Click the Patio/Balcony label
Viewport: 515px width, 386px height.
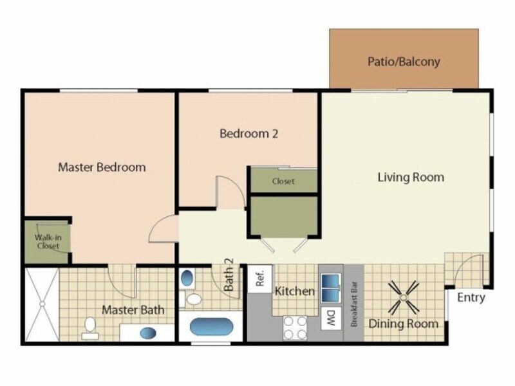coord(404,62)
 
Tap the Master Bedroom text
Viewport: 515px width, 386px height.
coord(102,167)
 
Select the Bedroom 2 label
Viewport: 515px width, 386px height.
coord(248,134)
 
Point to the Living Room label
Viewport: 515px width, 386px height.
coord(411,177)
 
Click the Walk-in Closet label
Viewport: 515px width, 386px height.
coord(47,241)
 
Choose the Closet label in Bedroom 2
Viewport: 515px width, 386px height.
coord(283,181)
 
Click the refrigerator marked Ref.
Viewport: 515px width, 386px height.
coord(261,280)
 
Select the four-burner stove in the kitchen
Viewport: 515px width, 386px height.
coord(295,327)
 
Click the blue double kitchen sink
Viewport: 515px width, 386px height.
coord(332,287)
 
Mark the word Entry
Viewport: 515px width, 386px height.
coord(471,298)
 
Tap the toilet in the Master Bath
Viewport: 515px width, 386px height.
coord(90,327)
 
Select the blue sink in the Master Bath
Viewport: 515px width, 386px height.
coord(147,333)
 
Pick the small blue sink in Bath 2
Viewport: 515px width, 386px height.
coord(187,279)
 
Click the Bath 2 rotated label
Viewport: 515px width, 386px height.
coord(229,275)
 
